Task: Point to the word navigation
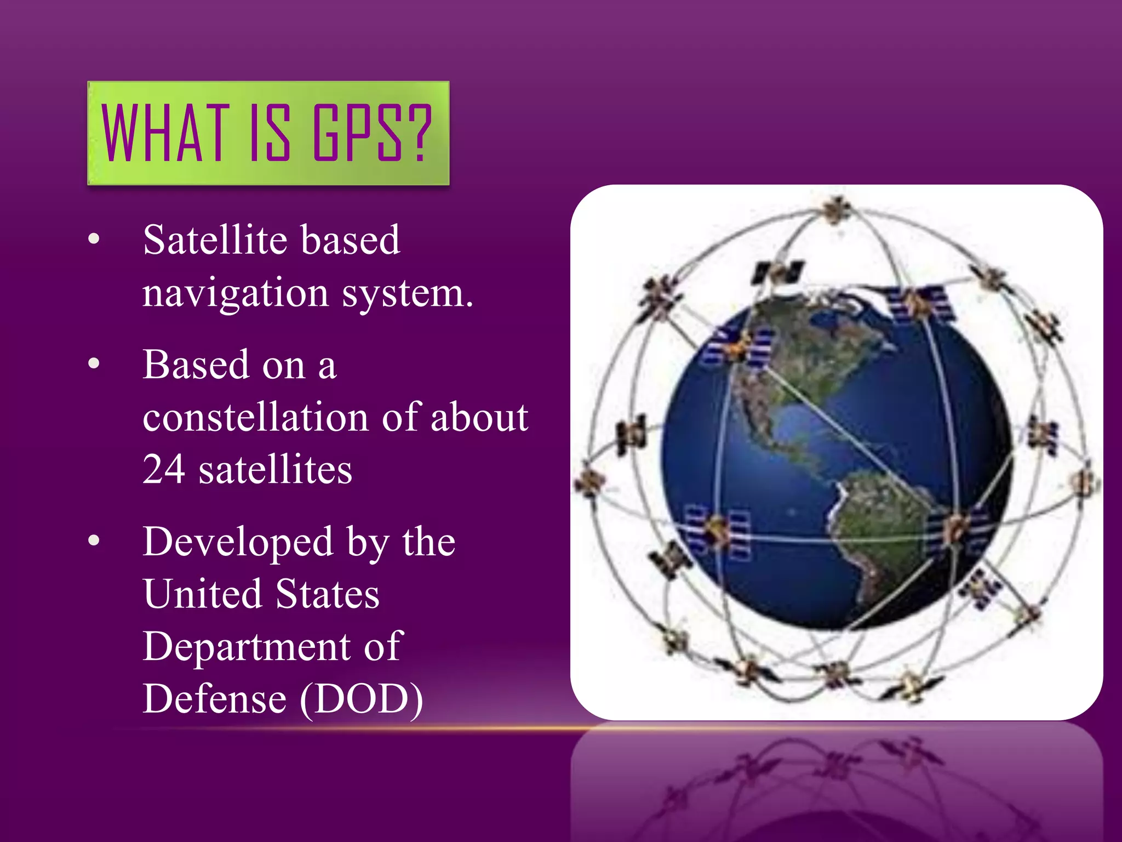pos(236,293)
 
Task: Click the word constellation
pos(255,417)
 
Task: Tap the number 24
pos(163,469)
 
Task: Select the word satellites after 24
pos(275,469)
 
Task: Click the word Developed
pos(238,542)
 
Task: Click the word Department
pos(246,647)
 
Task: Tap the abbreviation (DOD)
pos(362,699)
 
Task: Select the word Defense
pos(214,699)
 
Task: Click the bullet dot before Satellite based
pos(94,238)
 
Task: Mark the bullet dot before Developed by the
pos(94,541)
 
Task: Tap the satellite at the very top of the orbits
pos(837,210)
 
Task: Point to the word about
pos(479,417)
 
